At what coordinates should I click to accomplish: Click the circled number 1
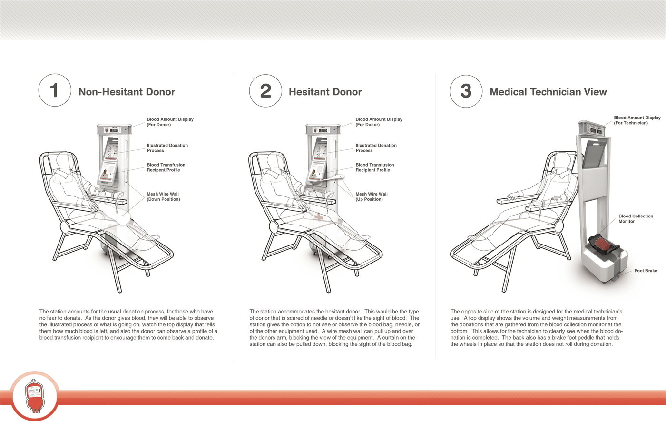[55, 90]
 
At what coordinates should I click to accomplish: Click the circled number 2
[265, 90]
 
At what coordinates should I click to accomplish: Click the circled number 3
[466, 90]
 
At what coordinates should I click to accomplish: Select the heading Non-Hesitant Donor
[127, 92]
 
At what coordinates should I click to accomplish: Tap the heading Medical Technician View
[548, 92]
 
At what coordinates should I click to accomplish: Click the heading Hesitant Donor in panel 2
[325, 92]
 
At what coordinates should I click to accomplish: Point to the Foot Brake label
[646, 271]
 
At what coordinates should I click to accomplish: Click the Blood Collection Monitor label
[636, 219]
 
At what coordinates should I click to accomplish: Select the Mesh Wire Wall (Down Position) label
[163, 196]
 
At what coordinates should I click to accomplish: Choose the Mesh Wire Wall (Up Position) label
[372, 196]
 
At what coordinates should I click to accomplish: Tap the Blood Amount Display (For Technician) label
[637, 120]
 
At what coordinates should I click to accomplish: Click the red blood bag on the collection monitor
[604, 246]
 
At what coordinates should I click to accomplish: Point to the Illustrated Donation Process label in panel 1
[167, 148]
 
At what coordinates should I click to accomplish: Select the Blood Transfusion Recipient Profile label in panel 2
[374, 167]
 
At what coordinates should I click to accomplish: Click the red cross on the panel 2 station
[318, 217]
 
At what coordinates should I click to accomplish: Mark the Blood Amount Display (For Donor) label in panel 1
[170, 122]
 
